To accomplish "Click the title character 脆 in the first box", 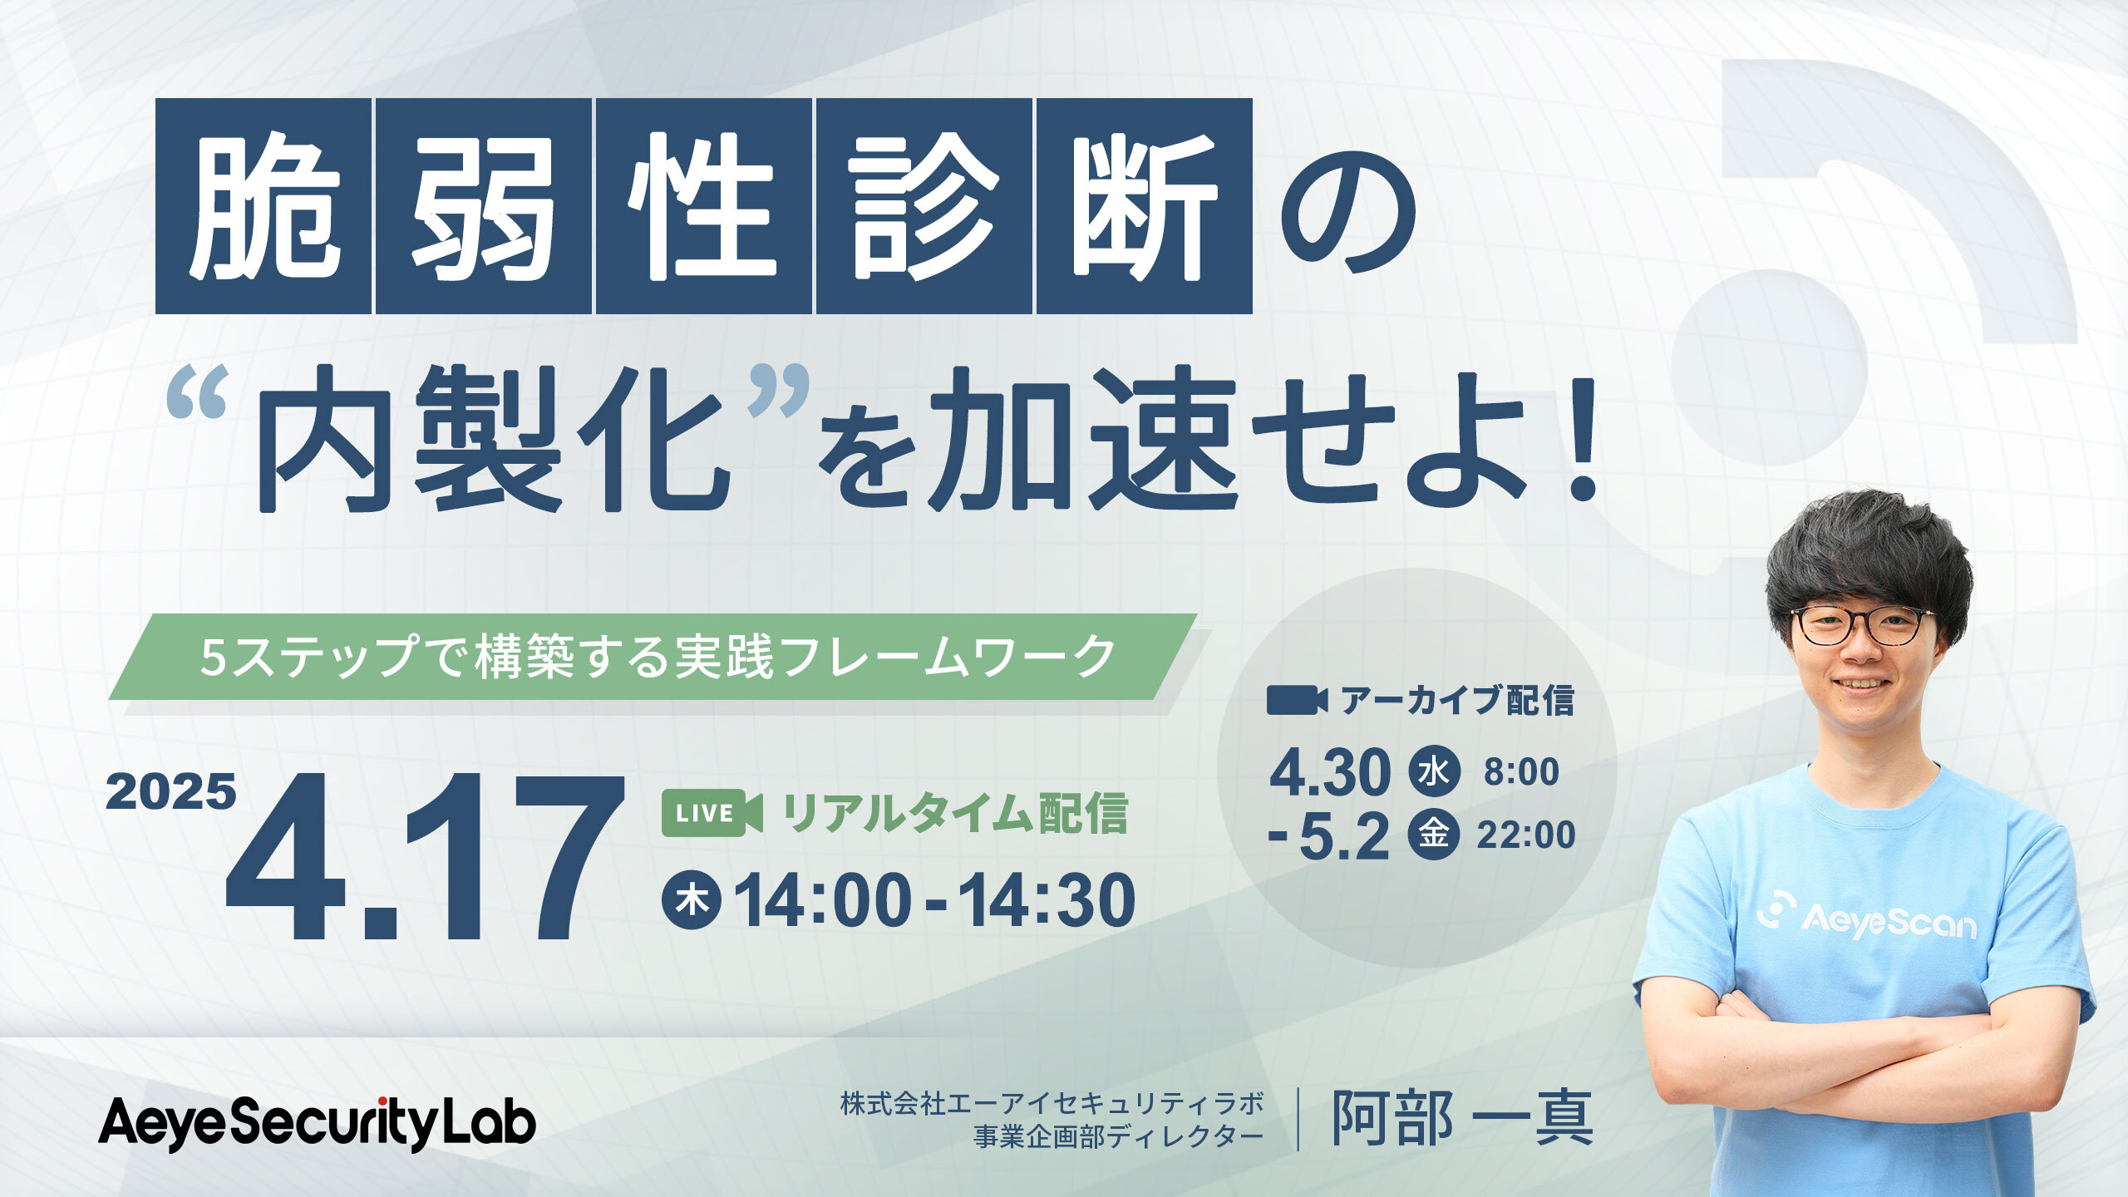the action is [264, 206].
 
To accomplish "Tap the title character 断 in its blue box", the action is [1145, 206].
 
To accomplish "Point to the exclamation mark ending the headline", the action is [1577, 441].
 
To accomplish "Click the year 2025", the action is [171, 791].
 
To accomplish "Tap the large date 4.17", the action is [424, 856].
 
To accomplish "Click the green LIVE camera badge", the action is [712, 814].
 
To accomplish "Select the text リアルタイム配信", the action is [955, 814].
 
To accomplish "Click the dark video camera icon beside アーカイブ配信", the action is [1297, 701].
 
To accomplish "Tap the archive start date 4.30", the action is [1329, 773].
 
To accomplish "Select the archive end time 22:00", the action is [1526, 835].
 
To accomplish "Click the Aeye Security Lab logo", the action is [318, 1124].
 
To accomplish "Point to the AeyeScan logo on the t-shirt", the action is [1866, 916].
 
